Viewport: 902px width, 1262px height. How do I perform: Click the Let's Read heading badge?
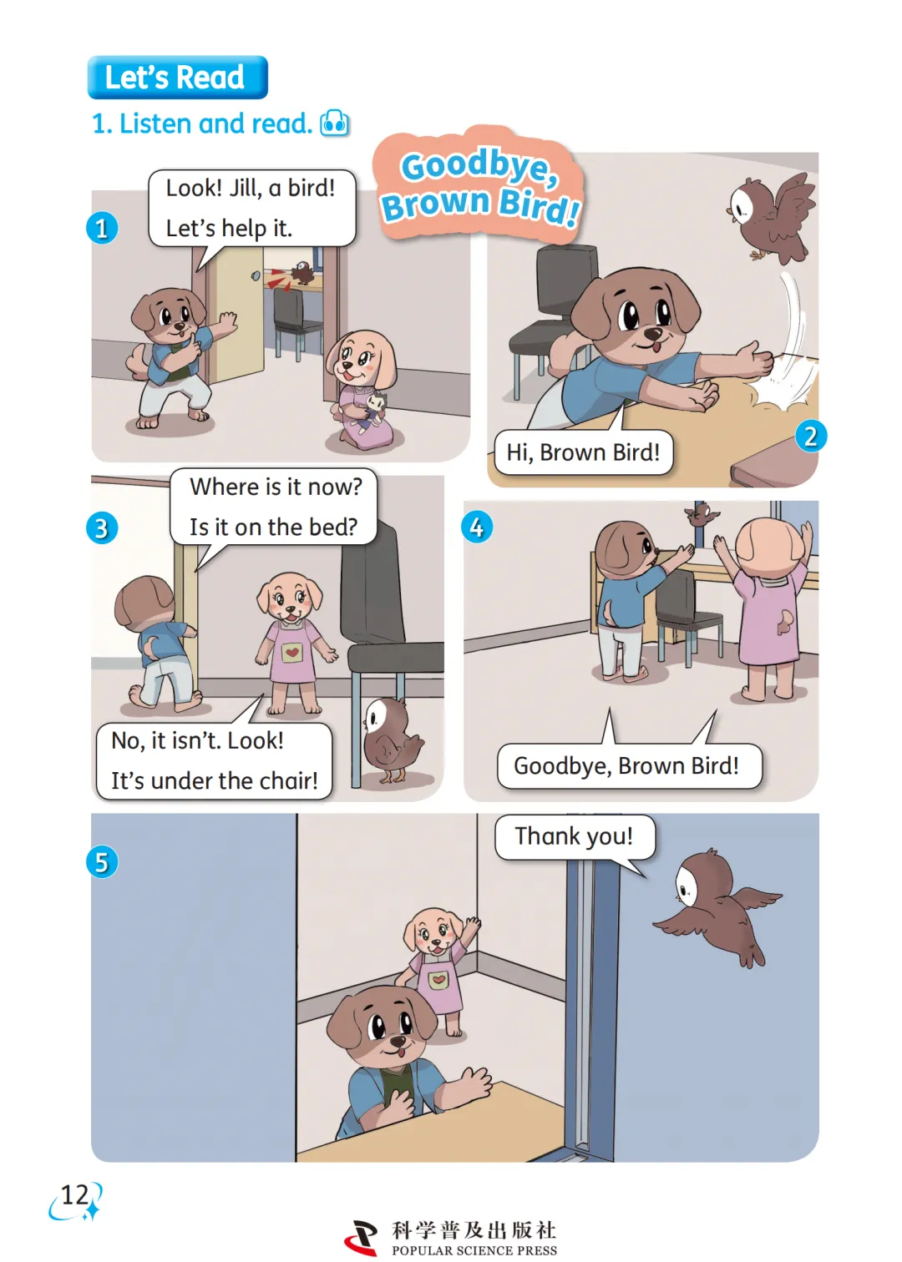tap(178, 77)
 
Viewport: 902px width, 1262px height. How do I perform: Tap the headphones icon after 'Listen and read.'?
tap(335, 124)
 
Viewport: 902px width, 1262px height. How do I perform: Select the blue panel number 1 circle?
tap(102, 228)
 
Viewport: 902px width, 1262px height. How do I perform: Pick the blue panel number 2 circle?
tap(811, 436)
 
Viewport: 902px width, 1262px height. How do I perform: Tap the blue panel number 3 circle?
tap(102, 528)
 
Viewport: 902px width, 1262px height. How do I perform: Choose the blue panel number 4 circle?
tap(477, 528)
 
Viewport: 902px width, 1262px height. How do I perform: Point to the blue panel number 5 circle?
tap(102, 862)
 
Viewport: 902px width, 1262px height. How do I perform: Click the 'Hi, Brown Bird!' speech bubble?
tap(584, 452)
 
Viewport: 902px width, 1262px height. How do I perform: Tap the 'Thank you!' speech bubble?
tap(575, 837)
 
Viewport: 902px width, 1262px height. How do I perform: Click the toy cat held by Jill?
tap(372, 411)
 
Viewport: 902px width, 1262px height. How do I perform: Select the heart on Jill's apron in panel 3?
tap(291, 653)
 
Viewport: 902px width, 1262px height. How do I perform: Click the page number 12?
tap(74, 1195)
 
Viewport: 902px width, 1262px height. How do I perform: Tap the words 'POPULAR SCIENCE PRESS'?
tap(474, 1250)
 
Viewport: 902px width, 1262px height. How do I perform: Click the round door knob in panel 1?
tap(256, 276)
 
